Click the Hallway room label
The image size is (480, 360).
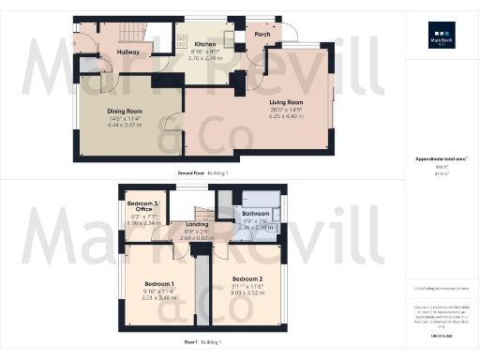[128, 52]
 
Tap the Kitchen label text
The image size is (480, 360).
[204, 44]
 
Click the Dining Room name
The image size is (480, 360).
[124, 110]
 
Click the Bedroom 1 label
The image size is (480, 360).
[159, 283]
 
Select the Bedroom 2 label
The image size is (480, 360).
[246, 279]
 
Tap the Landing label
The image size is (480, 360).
[197, 223]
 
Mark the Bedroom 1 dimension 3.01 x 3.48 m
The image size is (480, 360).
[159, 297]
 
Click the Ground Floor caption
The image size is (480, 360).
[196, 174]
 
